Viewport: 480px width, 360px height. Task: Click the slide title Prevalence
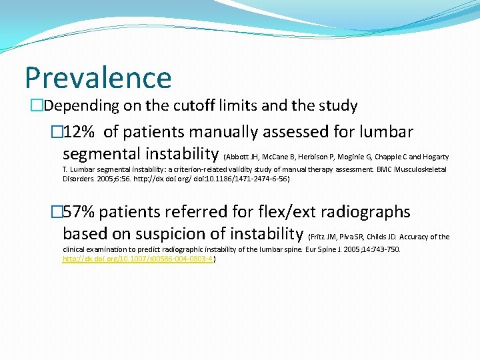pos(98,77)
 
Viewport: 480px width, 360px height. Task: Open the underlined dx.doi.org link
pos(137,259)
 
